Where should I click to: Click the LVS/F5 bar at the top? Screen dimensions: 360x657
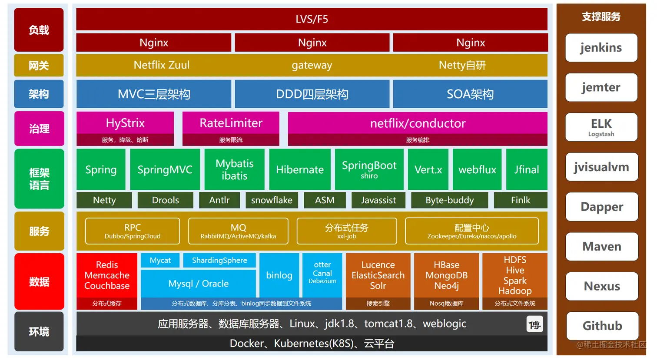[312, 19]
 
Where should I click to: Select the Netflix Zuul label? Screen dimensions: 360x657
[162, 65]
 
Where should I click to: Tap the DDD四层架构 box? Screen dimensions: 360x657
[312, 94]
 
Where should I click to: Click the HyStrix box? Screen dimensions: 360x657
[125, 124]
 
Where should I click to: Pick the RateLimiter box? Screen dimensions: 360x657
[231, 124]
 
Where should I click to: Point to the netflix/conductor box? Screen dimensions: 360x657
[418, 124]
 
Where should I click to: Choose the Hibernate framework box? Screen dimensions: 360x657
[300, 169]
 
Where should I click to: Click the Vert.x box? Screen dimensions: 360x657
[428, 169]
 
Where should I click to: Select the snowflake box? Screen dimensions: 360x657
[272, 200]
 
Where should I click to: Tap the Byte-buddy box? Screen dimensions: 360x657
[450, 200]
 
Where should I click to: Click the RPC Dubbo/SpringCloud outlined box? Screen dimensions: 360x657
[133, 231]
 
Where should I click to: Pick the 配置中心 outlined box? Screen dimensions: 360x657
[472, 231]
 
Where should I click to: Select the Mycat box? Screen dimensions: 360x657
[160, 260]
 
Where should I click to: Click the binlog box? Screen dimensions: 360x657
[279, 275]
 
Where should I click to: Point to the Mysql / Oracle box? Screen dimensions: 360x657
[198, 284]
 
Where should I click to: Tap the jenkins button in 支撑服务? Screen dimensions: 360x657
[601, 48]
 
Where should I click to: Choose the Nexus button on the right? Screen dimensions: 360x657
[602, 286]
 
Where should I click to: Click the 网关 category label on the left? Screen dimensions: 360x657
[39, 66]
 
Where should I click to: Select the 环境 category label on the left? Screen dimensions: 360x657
[39, 331]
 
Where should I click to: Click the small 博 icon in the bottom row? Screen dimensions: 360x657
[534, 324]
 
